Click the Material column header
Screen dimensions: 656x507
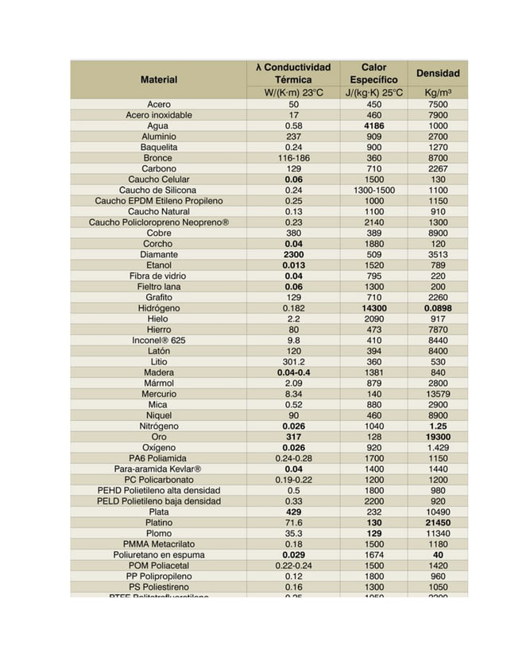[158, 79]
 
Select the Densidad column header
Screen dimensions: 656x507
[437, 73]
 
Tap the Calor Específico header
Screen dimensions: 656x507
[373, 74]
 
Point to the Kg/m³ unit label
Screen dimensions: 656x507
[437, 93]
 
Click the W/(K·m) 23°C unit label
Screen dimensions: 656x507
[293, 93]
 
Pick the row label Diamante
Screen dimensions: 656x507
[159, 254]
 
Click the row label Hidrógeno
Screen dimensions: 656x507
[159, 308]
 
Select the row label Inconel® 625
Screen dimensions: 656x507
[159, 340]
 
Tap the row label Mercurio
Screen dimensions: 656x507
[159, 394]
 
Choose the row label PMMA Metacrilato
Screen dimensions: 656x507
[159, 544]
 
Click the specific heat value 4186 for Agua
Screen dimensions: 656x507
[373, 125]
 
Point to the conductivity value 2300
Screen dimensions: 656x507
[293, 254]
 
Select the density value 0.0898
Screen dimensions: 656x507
[437, 308]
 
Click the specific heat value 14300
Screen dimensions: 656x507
[373, 308]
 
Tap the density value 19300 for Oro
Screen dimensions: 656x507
[437, 437]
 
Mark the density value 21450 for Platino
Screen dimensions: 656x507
[437, 523]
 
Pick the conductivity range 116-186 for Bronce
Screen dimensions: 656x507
[293, 158]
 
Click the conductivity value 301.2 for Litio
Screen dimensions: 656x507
[293, 361]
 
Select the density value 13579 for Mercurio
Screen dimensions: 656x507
[437, 394]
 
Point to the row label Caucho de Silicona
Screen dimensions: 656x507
[159, 190]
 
